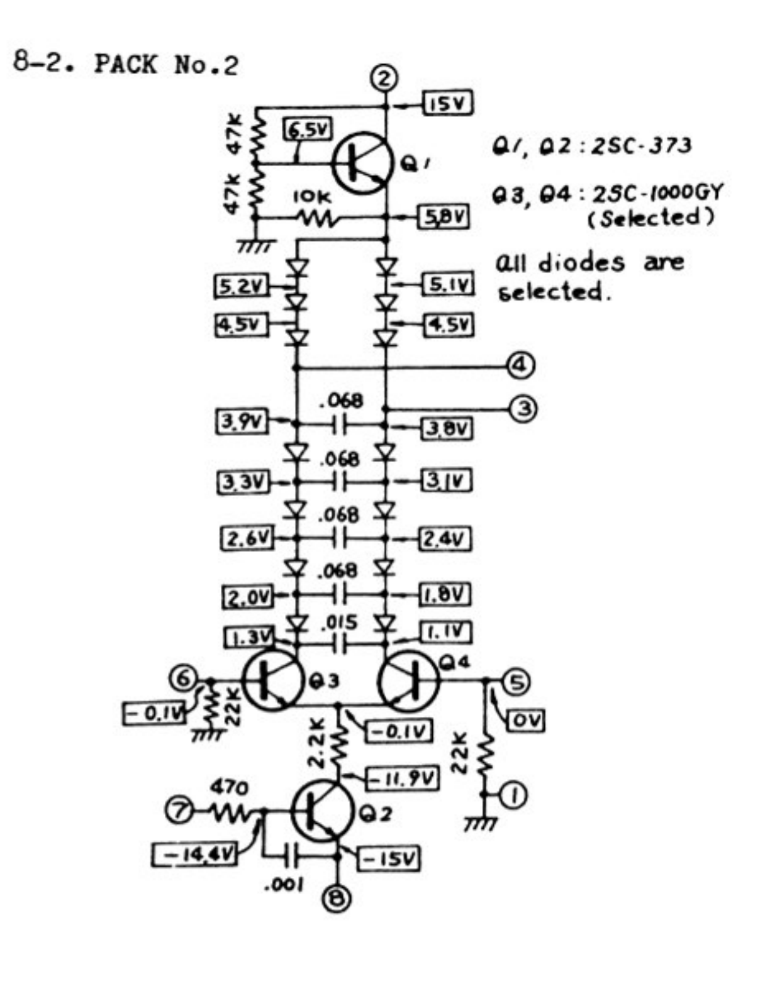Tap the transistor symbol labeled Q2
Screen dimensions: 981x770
coord(321,812)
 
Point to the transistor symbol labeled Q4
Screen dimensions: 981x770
coord(408,680)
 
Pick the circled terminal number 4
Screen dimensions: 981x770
coord(522,365)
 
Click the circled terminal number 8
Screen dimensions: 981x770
coord(337,900)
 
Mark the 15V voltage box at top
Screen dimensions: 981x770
coord(449,104)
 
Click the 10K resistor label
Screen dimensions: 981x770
coord(311,197)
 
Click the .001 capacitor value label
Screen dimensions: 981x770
coord(284,885)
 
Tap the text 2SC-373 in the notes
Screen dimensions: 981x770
coord(641,146)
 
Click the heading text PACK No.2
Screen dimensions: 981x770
coord(166,64)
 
